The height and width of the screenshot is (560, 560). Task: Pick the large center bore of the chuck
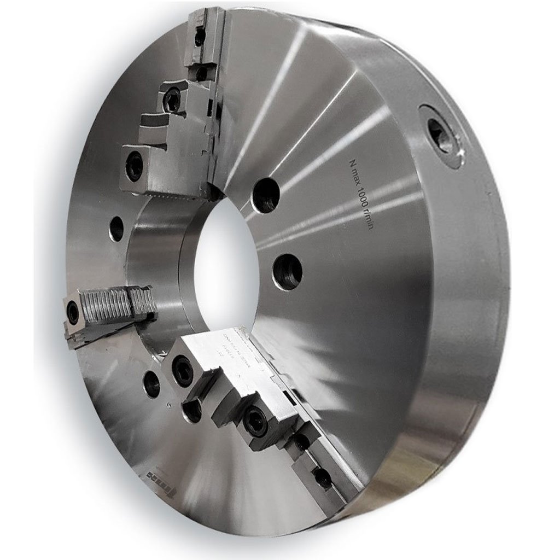pyautogui.click(x=224, y=257)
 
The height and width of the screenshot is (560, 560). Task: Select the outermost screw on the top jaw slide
pyautogui.click(x=200, y=37)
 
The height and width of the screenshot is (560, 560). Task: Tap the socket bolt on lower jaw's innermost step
pyautogui.click(x=183, y=372)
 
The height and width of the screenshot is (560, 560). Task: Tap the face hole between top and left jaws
pyautogui.click(x=116, y=229)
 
